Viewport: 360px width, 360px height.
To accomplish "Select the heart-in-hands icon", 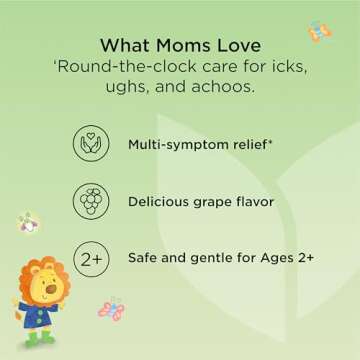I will pyautogui.click(x=90, y=145).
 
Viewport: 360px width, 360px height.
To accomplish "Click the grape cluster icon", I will pyautogui.click(x=90, y=200).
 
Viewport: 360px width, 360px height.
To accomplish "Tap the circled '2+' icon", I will pyautogui.click(x=90, y=257).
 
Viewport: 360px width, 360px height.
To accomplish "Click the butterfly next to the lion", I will pyautogui.click(x=110, y=307).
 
